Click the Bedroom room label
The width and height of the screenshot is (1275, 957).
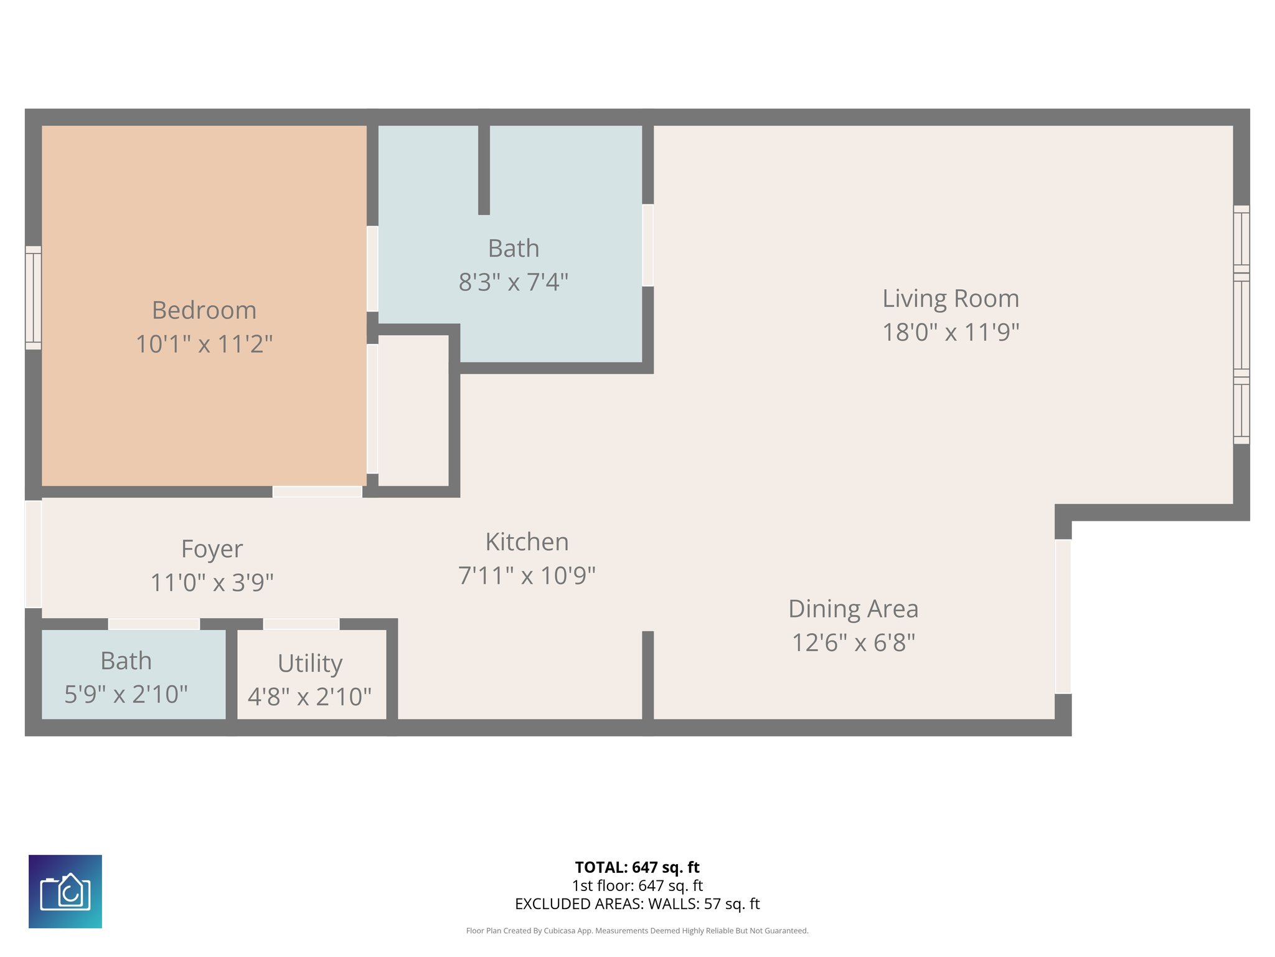pos(204,310)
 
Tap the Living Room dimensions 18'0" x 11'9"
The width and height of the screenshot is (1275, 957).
pos(951,332)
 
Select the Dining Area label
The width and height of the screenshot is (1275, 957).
pos(853,609)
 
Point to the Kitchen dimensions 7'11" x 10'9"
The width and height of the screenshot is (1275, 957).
pos(527,576)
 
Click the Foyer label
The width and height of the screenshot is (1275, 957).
pos(212,549)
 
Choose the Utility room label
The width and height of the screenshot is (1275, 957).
pos(310,663)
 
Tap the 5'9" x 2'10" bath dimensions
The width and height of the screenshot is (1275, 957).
pos(126,694)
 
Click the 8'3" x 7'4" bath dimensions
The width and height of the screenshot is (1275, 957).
pos(514,282)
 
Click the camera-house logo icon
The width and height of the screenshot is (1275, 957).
pos(65,892)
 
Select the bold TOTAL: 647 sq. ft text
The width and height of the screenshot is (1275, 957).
pos(637,867)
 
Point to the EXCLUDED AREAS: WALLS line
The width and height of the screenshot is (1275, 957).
pos(637,904)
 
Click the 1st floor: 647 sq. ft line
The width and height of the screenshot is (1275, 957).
pos(637,885)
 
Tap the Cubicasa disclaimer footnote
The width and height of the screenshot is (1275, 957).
pos(637,931)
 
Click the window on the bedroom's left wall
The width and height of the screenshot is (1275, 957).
pos(34,298)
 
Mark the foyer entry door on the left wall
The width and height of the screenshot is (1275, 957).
pos(34,554)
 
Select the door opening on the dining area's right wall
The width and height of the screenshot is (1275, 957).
pos(1063,616)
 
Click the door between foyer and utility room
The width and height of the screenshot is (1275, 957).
pos(301,624)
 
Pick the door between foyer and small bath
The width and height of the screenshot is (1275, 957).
pos(154,624)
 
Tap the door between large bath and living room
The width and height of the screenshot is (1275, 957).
pos(647,245)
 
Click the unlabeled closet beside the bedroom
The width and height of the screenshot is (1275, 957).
pos(413,411)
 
